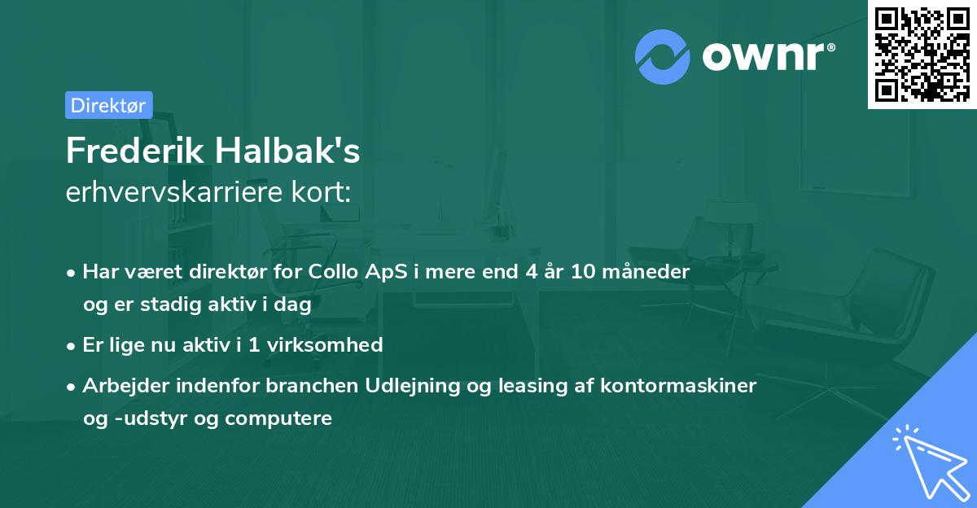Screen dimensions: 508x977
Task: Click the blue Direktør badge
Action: [x=108, y=105]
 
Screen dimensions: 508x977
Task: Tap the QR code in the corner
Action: [x=922, y=54]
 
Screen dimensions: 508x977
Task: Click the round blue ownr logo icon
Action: [x=663, y=57]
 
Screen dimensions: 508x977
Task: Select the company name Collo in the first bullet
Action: [x=333, y=272]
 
